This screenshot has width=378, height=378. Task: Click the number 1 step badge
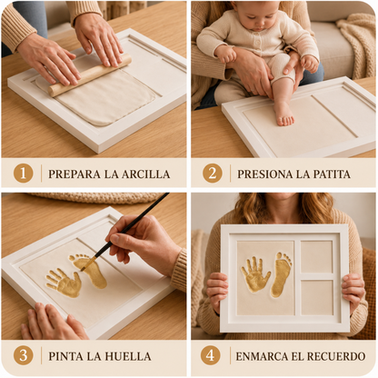click(23, 174)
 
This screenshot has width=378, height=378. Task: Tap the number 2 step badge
click(213, 174)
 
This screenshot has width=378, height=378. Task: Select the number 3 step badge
click(23, 355)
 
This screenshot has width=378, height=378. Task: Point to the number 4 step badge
click(210, 355)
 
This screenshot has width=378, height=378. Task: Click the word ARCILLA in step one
click(145, 174)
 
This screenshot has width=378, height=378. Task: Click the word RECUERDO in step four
click(337, 356)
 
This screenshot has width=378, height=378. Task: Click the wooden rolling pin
click(90, 75)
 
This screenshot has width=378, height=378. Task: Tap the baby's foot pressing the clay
click(284, 114)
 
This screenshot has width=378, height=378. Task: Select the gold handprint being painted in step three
click(65, 283)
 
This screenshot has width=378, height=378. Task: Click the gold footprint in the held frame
click(281, 274)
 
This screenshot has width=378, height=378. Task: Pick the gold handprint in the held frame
click(255, 274)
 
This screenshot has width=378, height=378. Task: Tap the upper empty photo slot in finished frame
click(317, 257)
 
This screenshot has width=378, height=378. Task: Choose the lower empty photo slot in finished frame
click(317, 297)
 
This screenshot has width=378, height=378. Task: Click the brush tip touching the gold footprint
click(84, 267)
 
